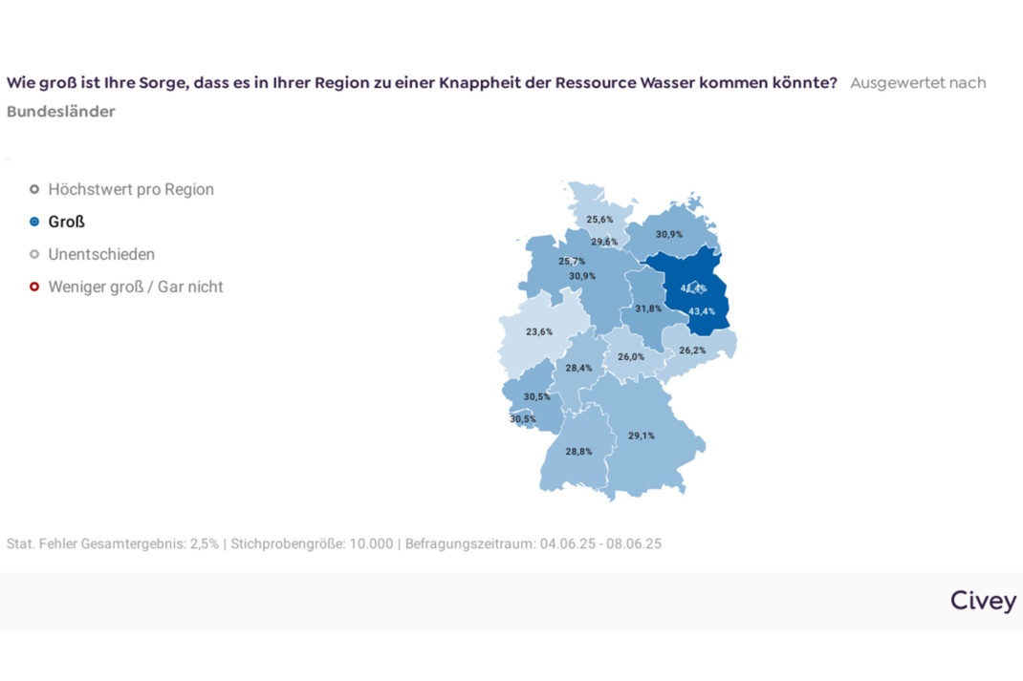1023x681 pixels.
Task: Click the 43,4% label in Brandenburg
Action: pos(702,311)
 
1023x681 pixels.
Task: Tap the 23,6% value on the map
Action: pos(539,331)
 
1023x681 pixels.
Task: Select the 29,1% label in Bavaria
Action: pos(642,436)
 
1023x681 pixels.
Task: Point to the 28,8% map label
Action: pos(578,451)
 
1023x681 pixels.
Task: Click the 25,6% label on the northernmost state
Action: pos(599,219)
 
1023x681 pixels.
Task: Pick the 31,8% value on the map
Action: pos(647,309)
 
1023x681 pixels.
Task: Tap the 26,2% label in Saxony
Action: pos(692,351)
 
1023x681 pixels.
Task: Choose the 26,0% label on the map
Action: pos(631,356)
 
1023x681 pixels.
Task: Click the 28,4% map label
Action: pos(578,368)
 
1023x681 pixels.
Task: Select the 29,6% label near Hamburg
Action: pos(603,242)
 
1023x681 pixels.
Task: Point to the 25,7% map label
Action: pos(572,261)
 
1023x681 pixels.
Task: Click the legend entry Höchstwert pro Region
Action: pos(131,189)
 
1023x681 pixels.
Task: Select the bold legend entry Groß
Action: pos(66,222)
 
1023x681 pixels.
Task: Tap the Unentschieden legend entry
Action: pos(101,254)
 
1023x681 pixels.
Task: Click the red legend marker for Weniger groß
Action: pos(34,287)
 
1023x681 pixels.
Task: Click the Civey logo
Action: pos(983,600)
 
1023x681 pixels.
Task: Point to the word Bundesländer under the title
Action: pos(60,112)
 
